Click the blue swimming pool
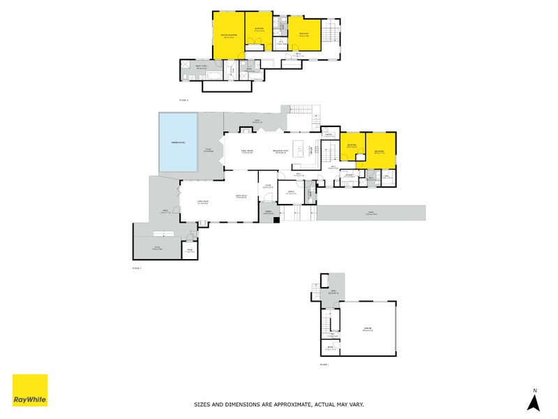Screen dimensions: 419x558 [x=178, y=142]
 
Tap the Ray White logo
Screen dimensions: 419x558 [x=30, y=390]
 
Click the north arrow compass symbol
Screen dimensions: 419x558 [x=534, y=402]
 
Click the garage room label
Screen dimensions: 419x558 [x=367, y=329]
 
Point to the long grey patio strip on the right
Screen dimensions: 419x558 [x=370, y=213]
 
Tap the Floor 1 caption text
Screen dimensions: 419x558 [x=324, y=365]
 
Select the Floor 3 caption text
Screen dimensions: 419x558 [x=184, y=100]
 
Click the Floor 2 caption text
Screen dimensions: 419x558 [x=137, y=267]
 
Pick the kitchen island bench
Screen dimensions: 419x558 [x=301, y=149]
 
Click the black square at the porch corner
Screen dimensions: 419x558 [x=277, y=220]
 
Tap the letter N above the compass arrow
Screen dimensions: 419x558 [x=534, y=390]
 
